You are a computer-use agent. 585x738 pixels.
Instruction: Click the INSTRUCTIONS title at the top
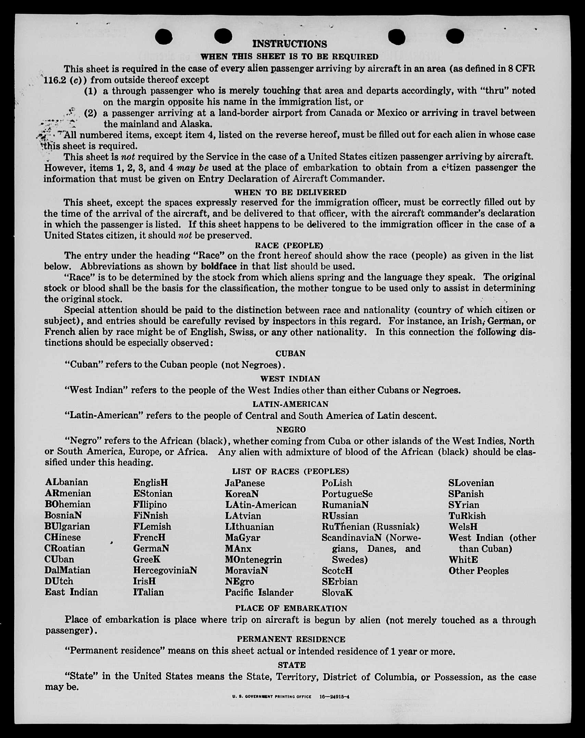pos(290,44)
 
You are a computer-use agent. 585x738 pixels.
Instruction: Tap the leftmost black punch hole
pos(164,37)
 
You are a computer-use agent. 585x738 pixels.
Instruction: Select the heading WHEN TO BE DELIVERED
pos(290,192)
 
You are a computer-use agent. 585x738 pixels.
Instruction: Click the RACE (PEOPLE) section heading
pos(289,245)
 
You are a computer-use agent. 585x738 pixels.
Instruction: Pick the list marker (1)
pos(90,91)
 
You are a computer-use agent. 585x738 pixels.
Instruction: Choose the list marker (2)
pos(90,113)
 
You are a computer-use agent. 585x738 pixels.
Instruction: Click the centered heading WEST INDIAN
pos(290,379)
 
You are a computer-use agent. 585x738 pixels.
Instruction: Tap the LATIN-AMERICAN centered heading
pos(290,404)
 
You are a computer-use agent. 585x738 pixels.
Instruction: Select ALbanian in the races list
pos(66,482)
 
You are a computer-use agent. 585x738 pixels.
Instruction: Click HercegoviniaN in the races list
pos(165,570)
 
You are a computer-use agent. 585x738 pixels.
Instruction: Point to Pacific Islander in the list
pos(259,592)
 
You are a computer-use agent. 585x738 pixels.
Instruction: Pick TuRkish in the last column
pos(467,516)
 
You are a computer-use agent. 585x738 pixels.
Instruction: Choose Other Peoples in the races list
pos(478,571)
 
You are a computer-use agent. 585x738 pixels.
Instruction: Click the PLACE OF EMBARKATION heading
pos(291,608)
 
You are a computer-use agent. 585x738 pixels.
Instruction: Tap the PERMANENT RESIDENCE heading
pos(291,639)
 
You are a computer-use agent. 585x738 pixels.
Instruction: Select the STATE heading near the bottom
pos(291,665)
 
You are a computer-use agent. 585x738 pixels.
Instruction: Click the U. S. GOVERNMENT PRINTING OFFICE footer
pos(272,697)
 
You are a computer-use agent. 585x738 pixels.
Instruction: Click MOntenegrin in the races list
pos(253,559)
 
